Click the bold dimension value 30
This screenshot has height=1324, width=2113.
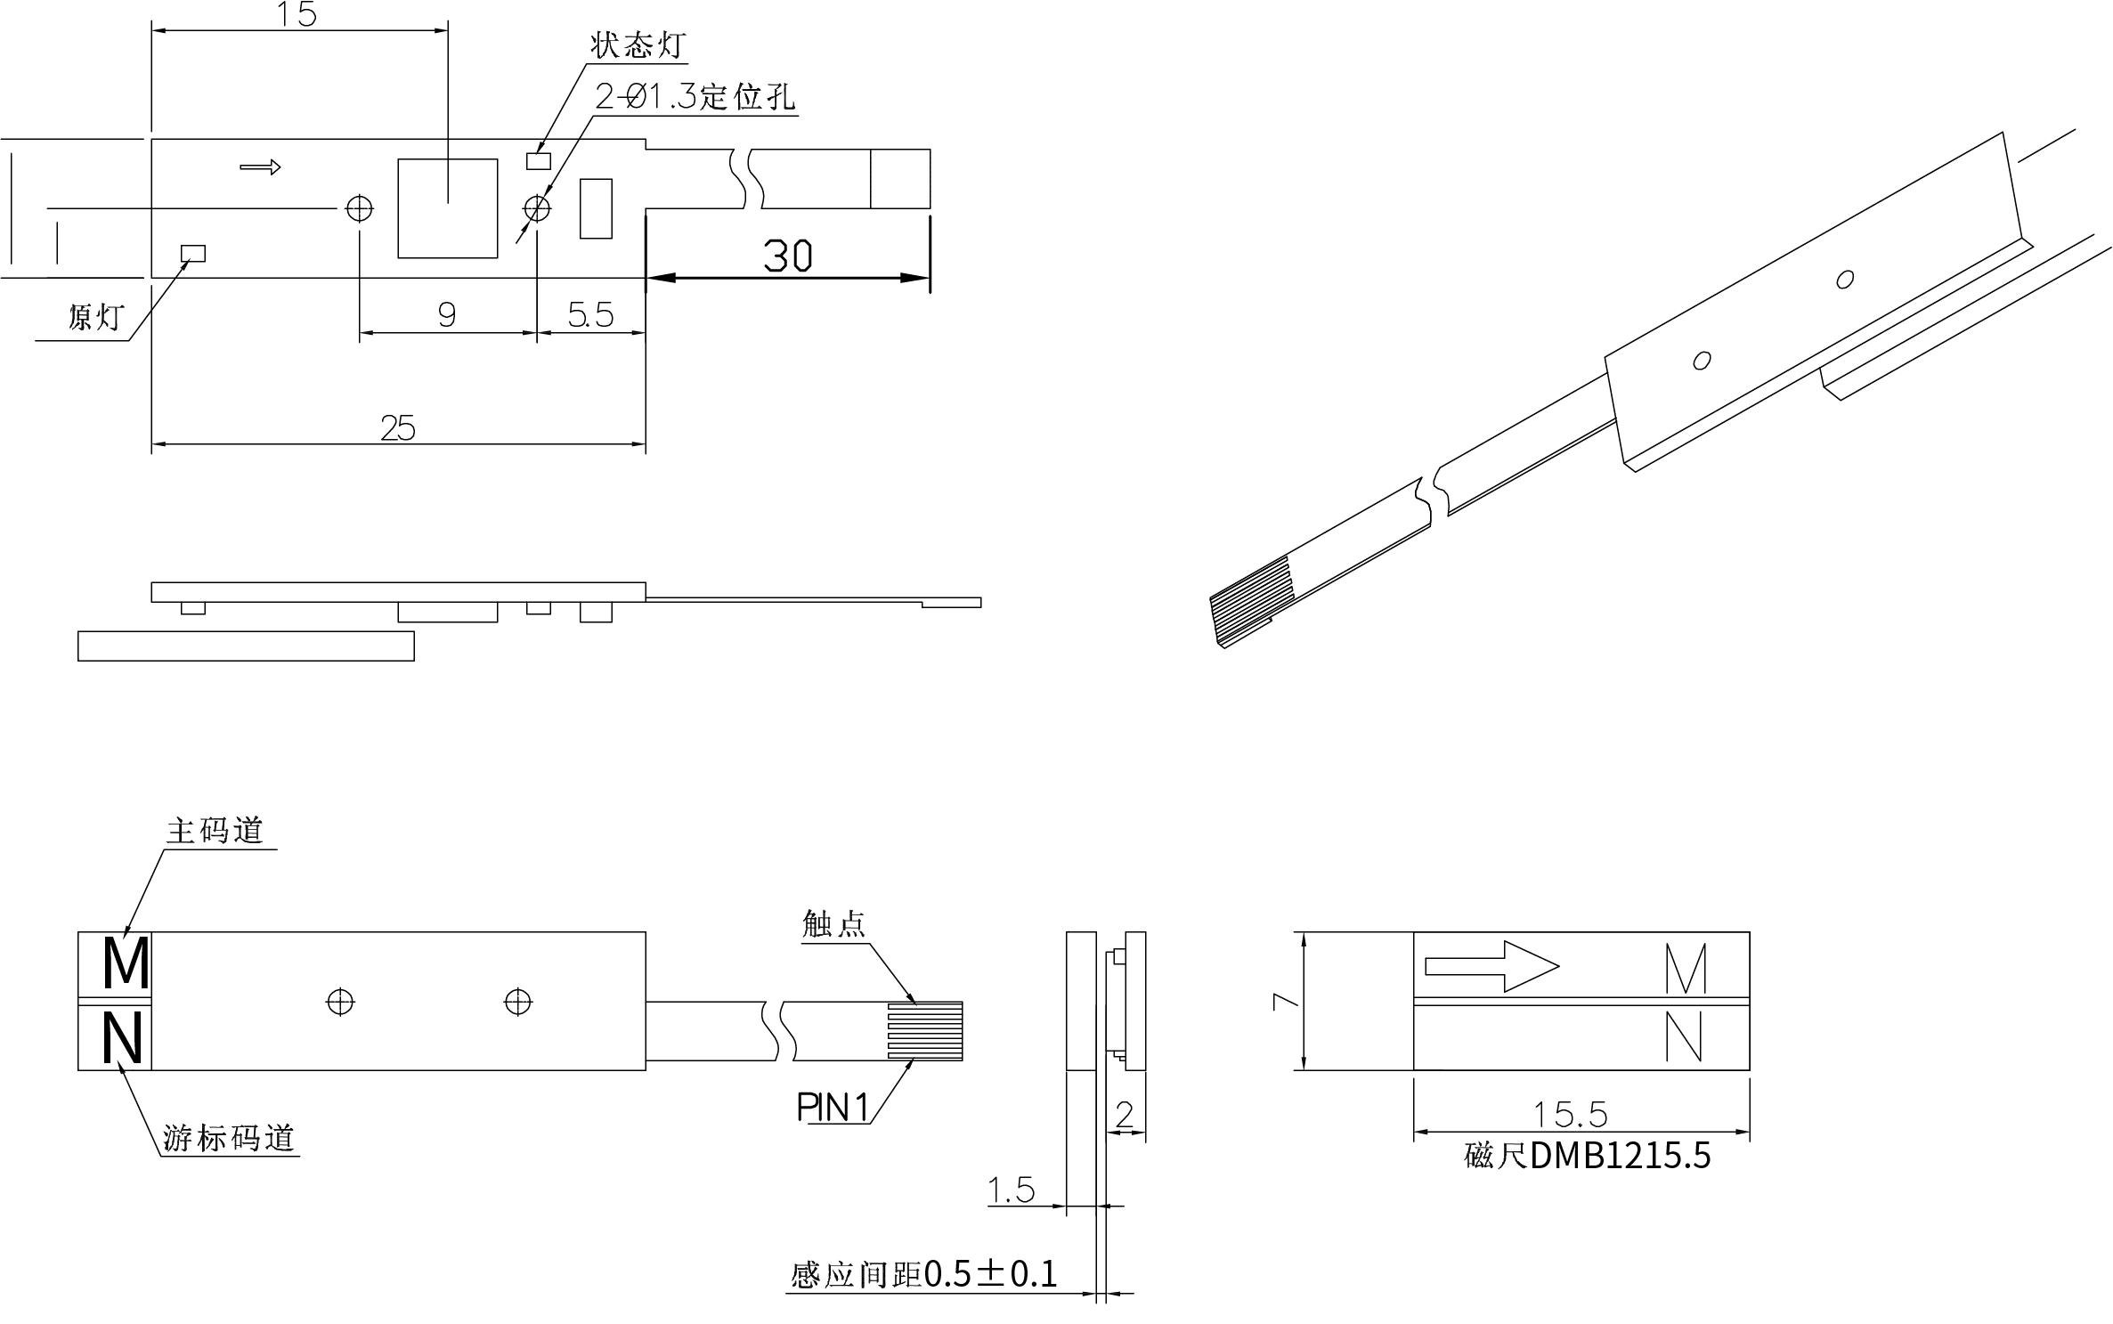pos(788,256)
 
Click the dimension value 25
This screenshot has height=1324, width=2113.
pos(398,429)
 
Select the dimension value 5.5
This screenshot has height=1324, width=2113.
pos(591,314)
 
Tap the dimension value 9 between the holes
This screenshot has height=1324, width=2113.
pos(447,314)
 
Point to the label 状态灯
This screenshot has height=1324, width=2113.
pos(638,45)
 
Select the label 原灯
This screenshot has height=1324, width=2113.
pos(96,317)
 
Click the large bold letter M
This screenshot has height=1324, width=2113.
pos(126,963)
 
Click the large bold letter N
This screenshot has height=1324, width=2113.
pos(122,1038)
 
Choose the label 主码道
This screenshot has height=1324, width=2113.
pos(215,831)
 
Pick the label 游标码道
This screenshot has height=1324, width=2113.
pos(229,1138)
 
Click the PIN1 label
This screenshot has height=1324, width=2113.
pos(833,1108)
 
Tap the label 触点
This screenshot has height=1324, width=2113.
pos(833,924)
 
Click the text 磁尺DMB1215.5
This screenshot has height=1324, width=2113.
pos(1588,1156)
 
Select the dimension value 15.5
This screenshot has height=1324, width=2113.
pos(1569,1114)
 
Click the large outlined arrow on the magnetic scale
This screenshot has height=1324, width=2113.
pos(1491,966)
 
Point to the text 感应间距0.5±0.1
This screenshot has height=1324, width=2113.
pos(924,1275)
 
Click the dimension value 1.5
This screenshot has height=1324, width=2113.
pos(1012,1190)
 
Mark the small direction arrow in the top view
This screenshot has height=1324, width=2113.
pos(260,167)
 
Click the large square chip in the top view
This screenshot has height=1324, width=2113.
pos(447,208)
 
